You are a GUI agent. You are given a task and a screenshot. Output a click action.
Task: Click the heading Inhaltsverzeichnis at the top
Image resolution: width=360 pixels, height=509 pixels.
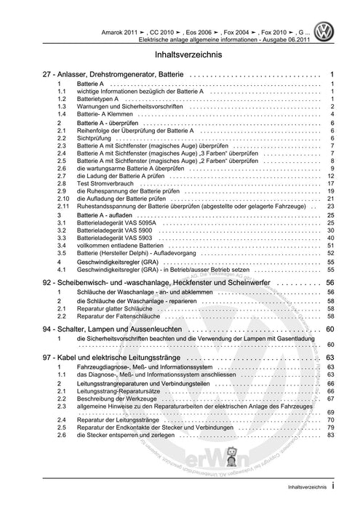pos(180,55)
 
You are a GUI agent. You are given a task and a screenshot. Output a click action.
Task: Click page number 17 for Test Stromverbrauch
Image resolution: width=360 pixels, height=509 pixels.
pos(330,185)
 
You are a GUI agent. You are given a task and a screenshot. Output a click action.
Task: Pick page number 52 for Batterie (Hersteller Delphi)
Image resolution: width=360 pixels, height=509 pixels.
pos(330,253)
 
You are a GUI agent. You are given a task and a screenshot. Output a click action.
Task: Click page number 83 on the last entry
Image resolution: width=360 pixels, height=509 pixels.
pos(330,435)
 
